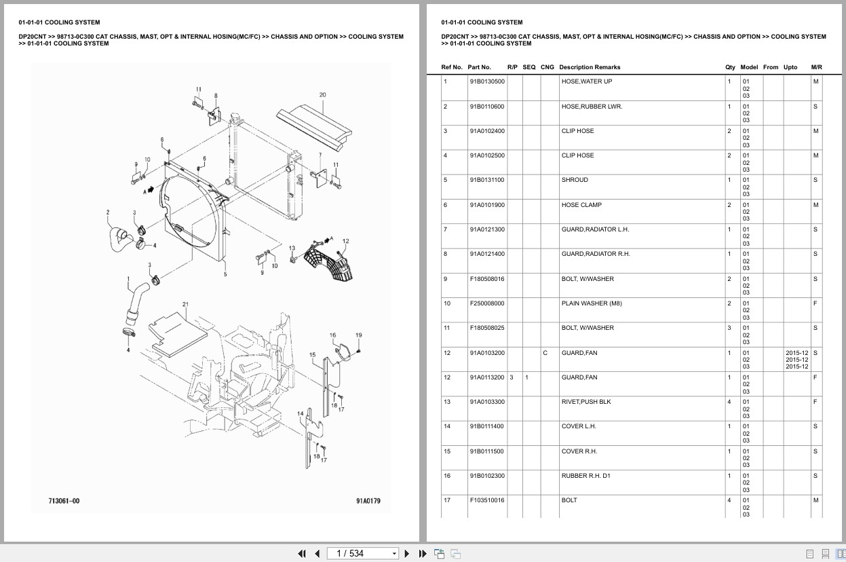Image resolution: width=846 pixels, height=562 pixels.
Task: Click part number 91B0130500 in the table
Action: (486, 81)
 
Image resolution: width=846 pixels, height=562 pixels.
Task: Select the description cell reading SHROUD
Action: (575, 180)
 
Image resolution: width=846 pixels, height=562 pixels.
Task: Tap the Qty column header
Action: (729, 67)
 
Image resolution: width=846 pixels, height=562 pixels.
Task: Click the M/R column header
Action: (816, 67)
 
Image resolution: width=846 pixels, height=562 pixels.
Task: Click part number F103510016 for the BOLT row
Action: (486, 500)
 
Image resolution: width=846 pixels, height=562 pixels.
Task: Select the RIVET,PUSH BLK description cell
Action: (585, 402)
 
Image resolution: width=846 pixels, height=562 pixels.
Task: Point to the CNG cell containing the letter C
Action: (545, 353)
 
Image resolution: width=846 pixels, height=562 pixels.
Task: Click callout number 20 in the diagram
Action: (322, 95)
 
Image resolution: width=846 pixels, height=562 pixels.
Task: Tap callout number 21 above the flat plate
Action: (185, 304)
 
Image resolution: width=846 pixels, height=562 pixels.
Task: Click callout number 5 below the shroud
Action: (225, 274)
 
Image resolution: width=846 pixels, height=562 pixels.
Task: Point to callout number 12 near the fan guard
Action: (345, 241)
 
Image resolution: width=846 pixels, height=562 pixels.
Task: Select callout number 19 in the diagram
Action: (358, 335)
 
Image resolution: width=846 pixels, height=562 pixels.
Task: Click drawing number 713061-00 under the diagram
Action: (64, 500)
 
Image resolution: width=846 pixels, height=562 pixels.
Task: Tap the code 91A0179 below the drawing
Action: (368, 500)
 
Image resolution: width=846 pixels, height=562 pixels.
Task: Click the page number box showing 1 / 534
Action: (362, 553)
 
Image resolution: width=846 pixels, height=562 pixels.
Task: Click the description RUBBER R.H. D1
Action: (585, 476)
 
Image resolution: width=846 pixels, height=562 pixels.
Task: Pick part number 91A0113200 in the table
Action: (486, 377)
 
